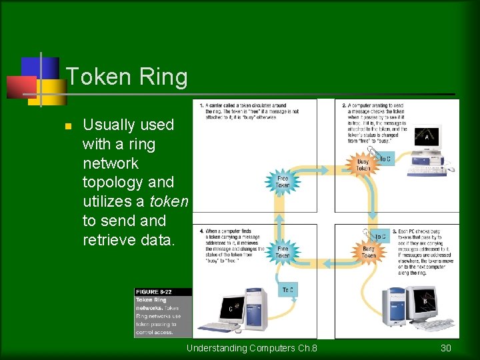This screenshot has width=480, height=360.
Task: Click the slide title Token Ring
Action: (x=127, y=77)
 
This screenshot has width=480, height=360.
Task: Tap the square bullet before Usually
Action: (x=67, y=126)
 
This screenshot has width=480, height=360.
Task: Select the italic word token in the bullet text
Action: (x=169, y=201)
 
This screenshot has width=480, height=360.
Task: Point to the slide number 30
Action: (x=446, y=348)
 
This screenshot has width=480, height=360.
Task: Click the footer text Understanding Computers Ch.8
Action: (x=251, y=348)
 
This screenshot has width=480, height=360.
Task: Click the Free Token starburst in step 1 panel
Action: (x=283, y=181)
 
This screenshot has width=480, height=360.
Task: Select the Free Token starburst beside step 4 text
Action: (x=283, y=251)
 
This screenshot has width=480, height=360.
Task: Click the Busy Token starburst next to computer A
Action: (x=363, y=164)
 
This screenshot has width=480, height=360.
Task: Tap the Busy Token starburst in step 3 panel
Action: (x=369, y=252)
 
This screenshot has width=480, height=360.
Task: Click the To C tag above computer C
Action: (x=287, y=289)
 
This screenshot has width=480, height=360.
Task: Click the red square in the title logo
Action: (x=21, y=87)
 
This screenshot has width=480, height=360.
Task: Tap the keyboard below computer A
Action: (x=427, y=170)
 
